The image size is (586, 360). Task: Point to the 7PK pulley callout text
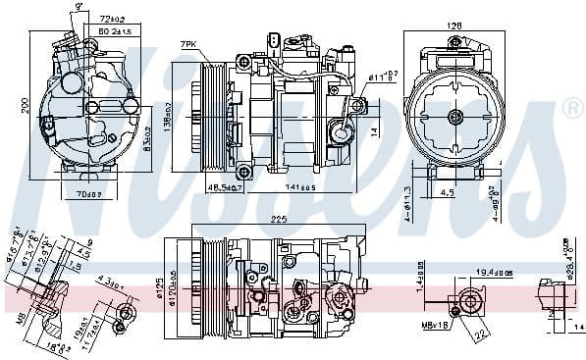click(x=188, y=44)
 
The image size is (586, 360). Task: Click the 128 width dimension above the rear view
click(x=454, y=26)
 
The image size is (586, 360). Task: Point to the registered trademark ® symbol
click(x=572, y=109)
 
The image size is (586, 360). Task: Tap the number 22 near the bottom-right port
click(x=482, y=335)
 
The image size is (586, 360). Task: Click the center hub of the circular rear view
click(x=454, y=118)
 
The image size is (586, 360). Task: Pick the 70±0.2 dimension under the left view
click(x=88, y=193)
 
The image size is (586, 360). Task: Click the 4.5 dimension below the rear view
click(x=447, y=193)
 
